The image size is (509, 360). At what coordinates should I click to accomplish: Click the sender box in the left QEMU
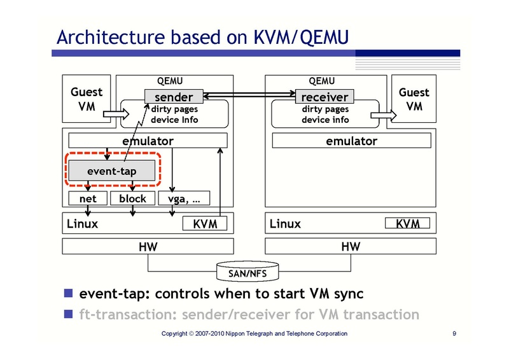pyautogui.click(x=173, y=97)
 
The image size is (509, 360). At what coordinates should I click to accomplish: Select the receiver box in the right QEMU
pyautogui.click(x=324, y=97)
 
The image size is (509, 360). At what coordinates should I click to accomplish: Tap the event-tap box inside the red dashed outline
pyautogui.click(x=111, y=170)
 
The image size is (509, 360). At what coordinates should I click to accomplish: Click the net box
pyautogui.click(x=88, y=198)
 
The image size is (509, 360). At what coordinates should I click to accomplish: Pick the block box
pyautogui.click(x=132, y=198)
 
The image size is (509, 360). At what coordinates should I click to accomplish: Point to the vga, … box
pyautogui.click(x=184, y=198)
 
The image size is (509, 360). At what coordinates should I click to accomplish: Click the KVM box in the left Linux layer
pyautogui.click(x=205, y=224)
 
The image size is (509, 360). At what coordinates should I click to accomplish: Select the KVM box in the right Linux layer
pyautogui.click(x=408, y=223)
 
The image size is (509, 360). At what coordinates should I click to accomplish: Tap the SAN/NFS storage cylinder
pyautogui.click(x=248, y=272)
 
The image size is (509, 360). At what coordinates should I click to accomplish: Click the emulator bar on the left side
pyautogui.click(x=148, y=141)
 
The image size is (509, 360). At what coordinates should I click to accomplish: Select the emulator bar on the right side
pyautogui.click(x=351, y=141)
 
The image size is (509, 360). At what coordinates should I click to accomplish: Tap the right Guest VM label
pyautogui.click(x=414, y=99)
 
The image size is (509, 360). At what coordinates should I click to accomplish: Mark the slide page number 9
pyautogui.click(x=454, y=334)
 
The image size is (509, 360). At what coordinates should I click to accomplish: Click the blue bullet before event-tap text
pyautogui.click(x=68, y=294)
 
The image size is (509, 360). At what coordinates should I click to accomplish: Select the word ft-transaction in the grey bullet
pyautogui.click(x=127, y=314)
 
